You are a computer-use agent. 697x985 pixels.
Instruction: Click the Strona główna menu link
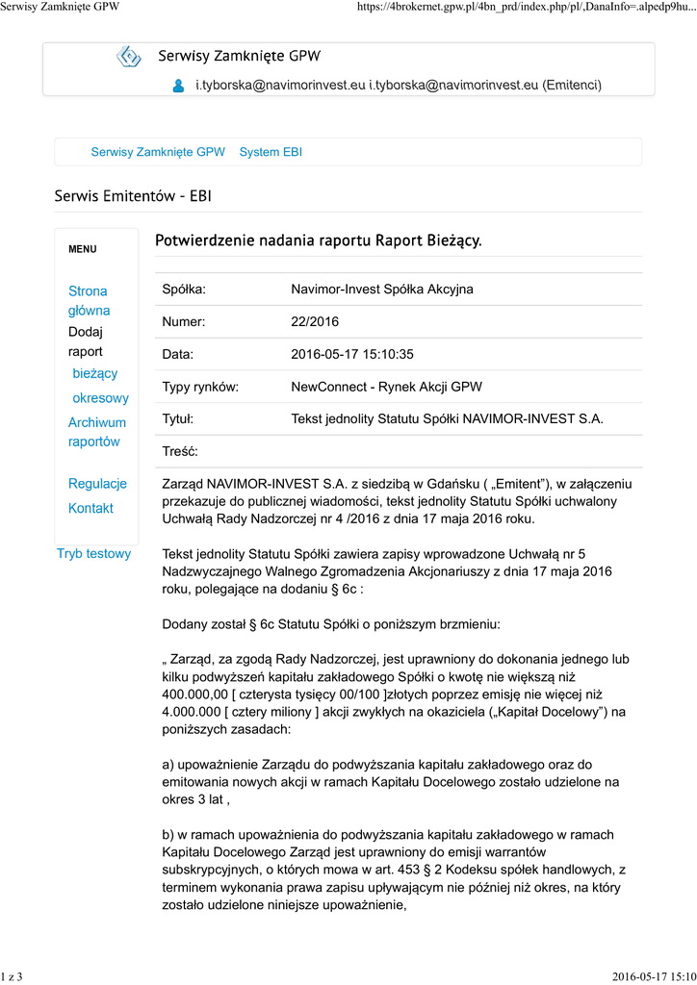(89, 300)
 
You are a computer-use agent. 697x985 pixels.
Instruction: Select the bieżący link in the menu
(95, 373)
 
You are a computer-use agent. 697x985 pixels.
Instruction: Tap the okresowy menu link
(100, 398)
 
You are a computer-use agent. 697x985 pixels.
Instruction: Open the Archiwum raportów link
(96, 432)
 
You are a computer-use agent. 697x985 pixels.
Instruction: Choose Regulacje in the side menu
(97, 484)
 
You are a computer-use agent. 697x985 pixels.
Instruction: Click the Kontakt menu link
(90, 508)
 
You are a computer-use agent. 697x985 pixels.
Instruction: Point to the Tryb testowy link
(93, 554)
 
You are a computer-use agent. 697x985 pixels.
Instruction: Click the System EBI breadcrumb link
(271, 152)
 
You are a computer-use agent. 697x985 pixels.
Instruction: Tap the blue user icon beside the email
(178, 86)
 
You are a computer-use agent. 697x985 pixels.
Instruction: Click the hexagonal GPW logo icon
(128, 57)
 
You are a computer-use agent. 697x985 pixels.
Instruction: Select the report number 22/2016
(315, 322)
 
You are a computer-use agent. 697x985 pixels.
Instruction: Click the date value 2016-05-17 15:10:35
(351, 355)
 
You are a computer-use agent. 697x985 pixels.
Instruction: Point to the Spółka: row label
(185, 290)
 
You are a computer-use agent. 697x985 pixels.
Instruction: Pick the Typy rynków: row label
(200, 388)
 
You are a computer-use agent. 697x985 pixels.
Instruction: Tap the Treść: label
(180, 451)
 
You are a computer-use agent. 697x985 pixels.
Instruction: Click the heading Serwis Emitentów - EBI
(133, 197)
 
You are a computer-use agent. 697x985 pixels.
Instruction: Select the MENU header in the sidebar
(83, 249)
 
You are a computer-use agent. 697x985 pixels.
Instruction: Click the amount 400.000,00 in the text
(195, 694)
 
